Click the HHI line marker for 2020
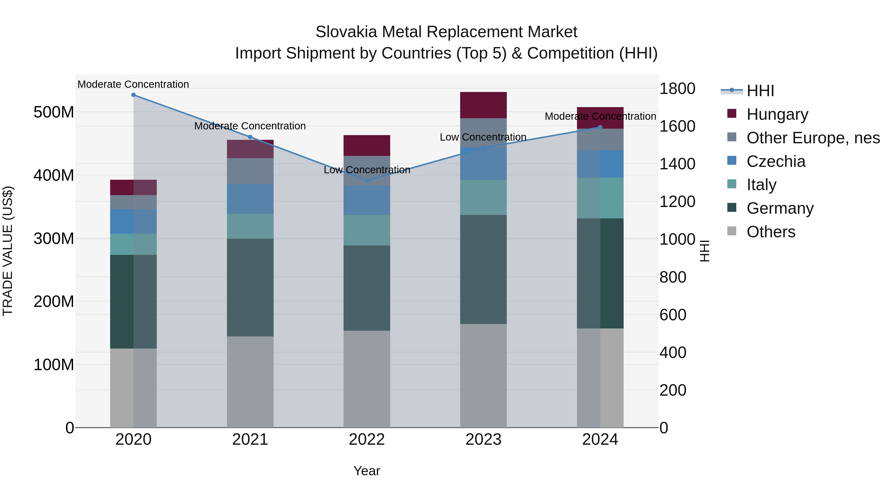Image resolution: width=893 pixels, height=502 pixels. [x=133, y=95]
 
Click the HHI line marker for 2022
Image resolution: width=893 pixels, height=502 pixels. [x=367, y=180]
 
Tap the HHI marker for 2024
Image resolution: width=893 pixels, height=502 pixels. [x=600, y=127]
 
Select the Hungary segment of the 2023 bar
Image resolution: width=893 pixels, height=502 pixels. [x=483, y=105]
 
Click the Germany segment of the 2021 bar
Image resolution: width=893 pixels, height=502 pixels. [x=250, y=287]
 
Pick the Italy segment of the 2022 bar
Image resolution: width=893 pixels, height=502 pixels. [x=367, y=230]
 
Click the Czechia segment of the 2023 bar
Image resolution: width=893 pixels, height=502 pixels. [x=483, y=164]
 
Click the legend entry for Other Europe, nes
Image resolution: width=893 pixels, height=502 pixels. [x=813, y=138]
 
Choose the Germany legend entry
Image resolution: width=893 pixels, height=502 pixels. [x=780, y=208]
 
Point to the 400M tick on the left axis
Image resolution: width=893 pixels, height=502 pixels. [x=54, y=175]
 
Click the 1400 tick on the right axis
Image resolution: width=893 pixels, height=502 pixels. [x=677, y=164]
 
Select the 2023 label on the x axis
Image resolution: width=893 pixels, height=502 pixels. [x=483, y=440]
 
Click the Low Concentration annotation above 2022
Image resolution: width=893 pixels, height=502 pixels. [x=367, y=170]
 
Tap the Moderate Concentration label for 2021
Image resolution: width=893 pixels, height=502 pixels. [x=250, y=126]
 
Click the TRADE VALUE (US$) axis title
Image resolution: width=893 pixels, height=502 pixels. [x=8, y=251]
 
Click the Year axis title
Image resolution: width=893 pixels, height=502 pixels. [x=367, y=471]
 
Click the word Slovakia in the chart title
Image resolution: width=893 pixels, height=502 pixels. [x=346, y=32]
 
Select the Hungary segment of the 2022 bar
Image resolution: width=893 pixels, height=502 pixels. [x=367, y=146]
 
